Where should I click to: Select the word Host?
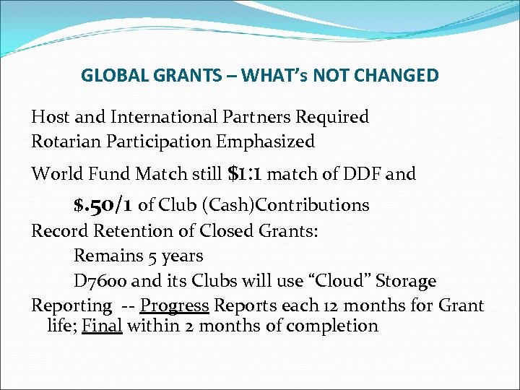click(x=48, y=117)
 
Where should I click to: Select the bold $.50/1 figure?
click(x=103, y=205)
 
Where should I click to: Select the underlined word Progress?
click(x=174, y=305)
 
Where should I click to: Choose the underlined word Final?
click(x=102, y=326)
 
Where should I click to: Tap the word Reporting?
click(x=71, y=306)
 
